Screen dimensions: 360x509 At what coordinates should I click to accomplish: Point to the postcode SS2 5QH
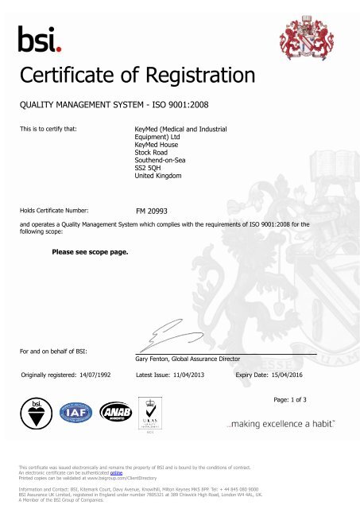pos(151,168)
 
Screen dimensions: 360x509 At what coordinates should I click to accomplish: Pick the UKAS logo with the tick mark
pos(145,415)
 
